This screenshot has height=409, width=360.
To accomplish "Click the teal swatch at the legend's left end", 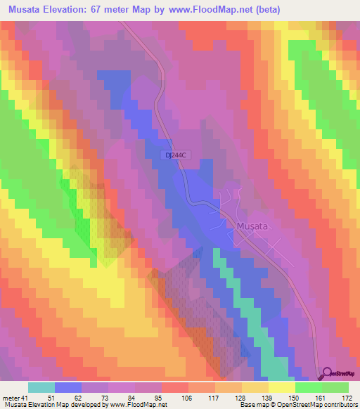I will pyautogui.click(x=41, y=387).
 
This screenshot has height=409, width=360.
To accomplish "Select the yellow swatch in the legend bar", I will pyautogui.click(x=282, y=387).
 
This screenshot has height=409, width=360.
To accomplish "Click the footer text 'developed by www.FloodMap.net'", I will pyautogui.click(x=117, y=405).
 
